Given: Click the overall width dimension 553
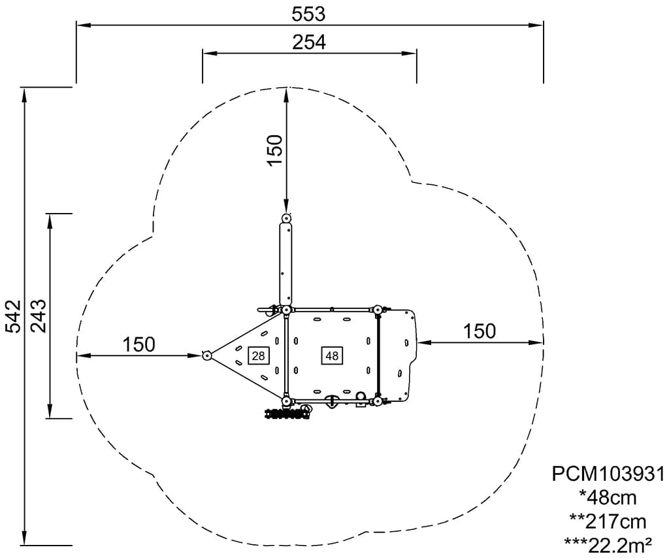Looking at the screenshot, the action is point(308,14).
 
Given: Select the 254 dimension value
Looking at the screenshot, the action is point(309,42).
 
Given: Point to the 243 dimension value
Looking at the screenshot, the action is point(38,316).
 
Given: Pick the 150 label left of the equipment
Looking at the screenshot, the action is point(139,344).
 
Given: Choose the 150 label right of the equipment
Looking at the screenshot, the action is point(480,331).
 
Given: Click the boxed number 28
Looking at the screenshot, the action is point(258,355).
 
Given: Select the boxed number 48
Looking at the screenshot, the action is point(331,355).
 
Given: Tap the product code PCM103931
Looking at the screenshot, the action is point(608,474).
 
